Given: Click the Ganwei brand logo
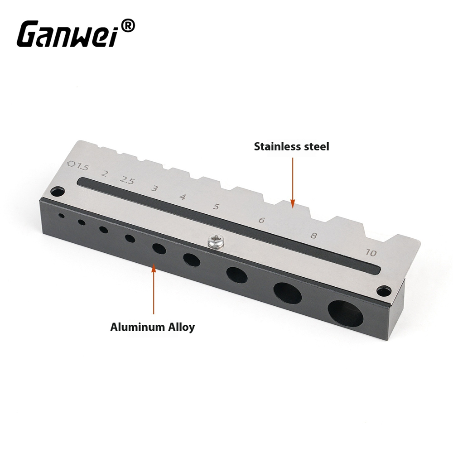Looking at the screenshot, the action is click(76, 34).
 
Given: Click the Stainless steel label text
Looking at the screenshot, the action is click(291, 146).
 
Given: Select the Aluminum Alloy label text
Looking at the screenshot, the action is click(153, 327).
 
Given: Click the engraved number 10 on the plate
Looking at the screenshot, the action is click(371, 252).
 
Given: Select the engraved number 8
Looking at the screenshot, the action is click(314, 236).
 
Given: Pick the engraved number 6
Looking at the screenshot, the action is click(261, 220).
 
